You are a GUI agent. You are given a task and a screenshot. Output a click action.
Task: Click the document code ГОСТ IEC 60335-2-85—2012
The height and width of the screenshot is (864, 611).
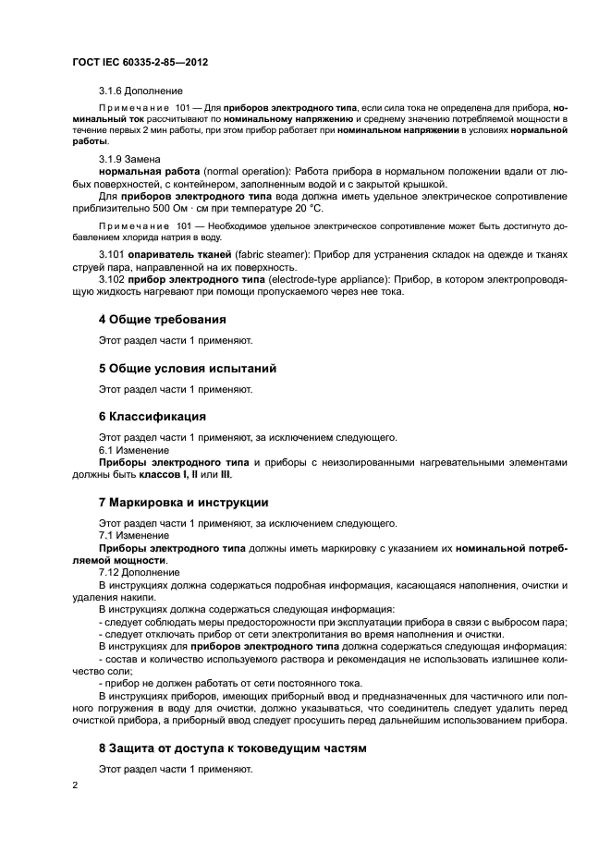[140, 62]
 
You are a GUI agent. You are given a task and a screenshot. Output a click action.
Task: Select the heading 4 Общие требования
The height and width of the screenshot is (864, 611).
[163, 319]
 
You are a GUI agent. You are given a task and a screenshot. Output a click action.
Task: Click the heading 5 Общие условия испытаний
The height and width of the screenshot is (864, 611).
[188, 368]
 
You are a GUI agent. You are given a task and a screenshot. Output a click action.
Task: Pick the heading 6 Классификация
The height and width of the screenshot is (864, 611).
[153, 416]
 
